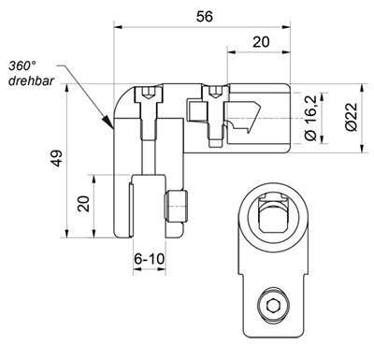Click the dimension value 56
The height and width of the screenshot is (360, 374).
tap(205, 17)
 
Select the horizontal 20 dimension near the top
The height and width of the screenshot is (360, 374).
tap(261, 42)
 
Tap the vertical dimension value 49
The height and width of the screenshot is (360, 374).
tap(57, 158)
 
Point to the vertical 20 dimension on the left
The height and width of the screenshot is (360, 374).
tap(84, 204)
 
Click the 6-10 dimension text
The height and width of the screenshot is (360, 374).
tap(150, 258)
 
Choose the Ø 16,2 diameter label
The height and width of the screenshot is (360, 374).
tap(310, 118)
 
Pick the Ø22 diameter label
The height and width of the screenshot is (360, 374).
tap(351, 118)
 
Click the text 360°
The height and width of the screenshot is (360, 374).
tap(22, 65)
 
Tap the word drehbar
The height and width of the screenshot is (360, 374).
tap(31, 80)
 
